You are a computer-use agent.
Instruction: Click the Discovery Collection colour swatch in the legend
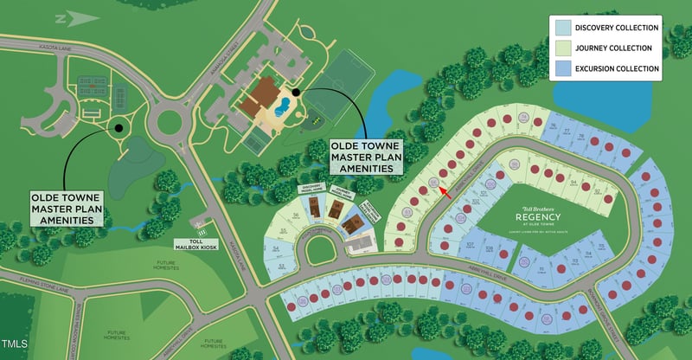563,29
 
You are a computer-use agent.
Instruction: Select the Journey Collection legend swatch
563,48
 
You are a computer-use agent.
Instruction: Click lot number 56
296,215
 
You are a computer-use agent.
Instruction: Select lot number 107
471,245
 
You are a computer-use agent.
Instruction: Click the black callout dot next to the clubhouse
295,92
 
